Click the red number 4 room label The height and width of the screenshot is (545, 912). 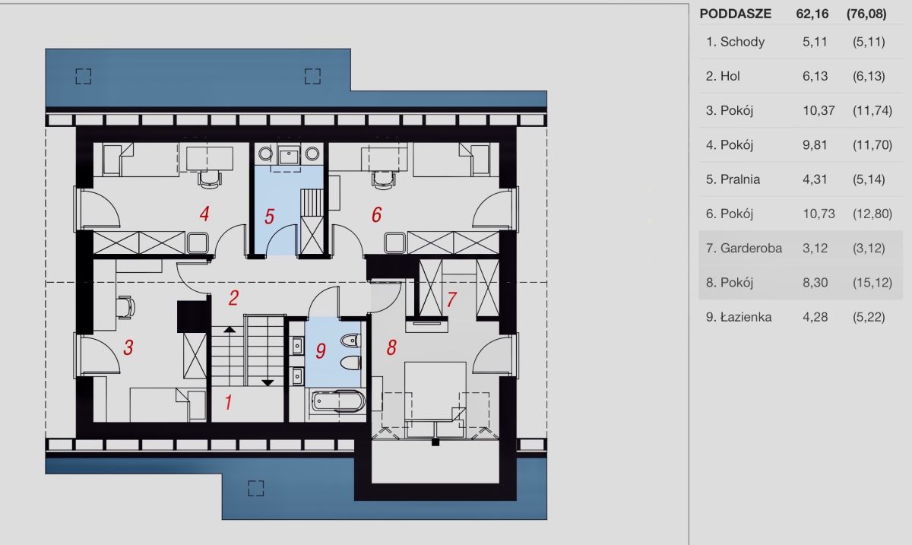[x=204, y=214]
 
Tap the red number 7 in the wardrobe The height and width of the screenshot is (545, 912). [x=451, y=299]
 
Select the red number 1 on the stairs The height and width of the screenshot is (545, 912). [x=228, y=402]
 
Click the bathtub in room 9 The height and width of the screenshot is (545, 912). [x=337, y=401]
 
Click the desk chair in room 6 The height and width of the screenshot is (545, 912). [x=384, y=179]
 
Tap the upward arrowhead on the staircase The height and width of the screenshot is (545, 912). [x=230, y=329]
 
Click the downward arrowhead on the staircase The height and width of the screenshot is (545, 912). [x=268, y=383]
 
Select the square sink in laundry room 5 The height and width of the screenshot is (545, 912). [x=289, y=154]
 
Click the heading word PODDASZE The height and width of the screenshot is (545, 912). [x=736, y=14]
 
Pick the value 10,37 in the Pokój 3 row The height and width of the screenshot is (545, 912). [x=819, y=110]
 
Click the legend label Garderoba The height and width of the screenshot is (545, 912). [x=751, y=248]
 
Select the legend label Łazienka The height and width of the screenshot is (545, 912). [x=746, y=317]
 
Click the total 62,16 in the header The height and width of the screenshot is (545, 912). [x=812, y=14]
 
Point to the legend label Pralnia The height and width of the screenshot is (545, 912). [x=740, y=179]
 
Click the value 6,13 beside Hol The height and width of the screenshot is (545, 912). [x=815, y=76]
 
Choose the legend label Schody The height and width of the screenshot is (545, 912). [x=743, y=42]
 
